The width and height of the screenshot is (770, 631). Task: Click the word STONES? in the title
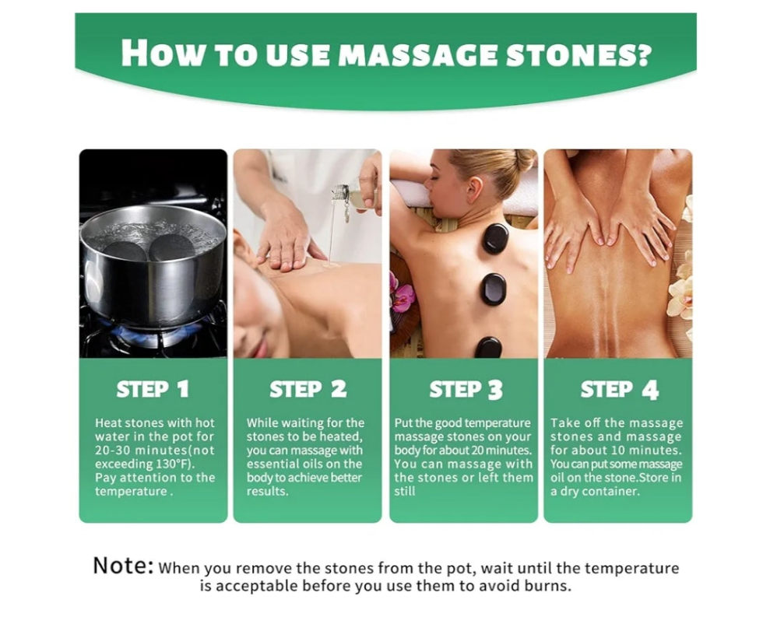click(x=578, y=53)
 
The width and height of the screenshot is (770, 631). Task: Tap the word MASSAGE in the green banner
click(x=418, y=54)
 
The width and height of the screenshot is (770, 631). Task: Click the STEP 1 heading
click(x=153, y=389)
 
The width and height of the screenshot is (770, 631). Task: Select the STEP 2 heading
click(x=308, y=389)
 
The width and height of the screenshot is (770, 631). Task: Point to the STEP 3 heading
click(x=466, y=390)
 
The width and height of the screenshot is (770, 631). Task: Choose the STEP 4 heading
click(x=619, y=390)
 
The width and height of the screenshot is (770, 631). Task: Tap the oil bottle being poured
click(x=356, y=195)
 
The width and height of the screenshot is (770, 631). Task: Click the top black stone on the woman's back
click(x=494, y=238)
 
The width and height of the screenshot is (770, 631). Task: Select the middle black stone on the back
click(x=493, y=289)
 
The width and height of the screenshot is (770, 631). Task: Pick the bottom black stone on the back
click(x=488, y=347)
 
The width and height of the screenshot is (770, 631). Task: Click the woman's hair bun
click(x=525, y=160)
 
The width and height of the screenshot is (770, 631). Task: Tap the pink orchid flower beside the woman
click(x=402, y=293)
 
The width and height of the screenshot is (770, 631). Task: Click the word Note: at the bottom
click(x=123, y=565)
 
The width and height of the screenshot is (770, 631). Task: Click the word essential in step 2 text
click(x=270, y=464)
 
